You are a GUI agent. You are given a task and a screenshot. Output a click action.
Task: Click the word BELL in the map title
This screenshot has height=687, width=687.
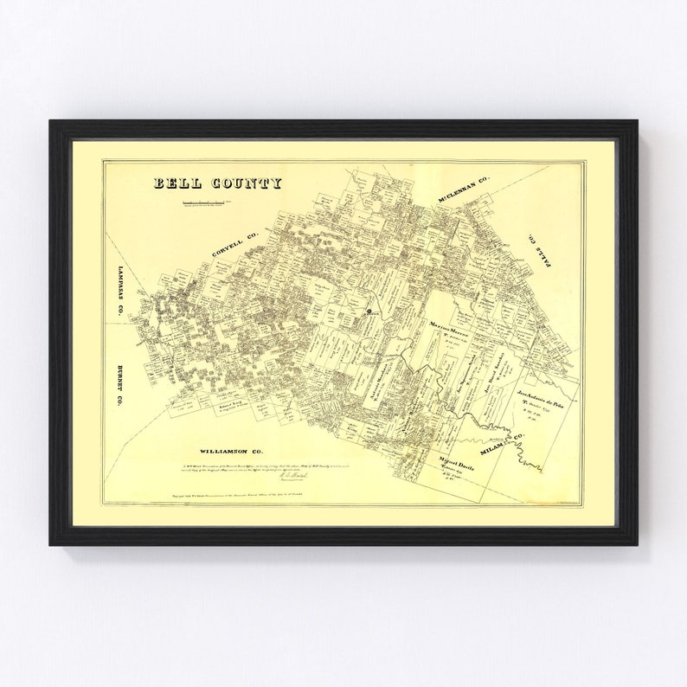177,183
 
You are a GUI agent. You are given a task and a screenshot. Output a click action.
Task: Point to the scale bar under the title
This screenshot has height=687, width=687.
203,202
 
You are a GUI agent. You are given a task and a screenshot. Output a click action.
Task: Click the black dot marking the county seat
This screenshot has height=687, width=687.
370,311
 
